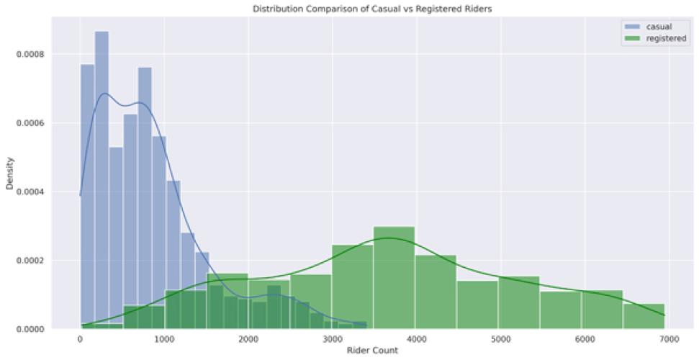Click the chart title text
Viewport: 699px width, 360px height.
pos(348,9)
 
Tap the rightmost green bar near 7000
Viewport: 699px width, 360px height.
pos(644,316)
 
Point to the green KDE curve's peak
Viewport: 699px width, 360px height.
pos(389,238)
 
